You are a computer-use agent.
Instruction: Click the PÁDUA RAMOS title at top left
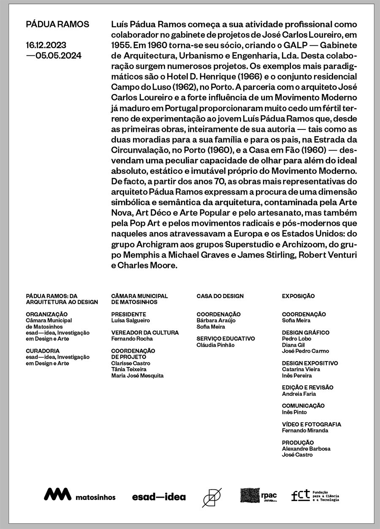[57, 25]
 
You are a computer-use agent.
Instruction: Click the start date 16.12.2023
[46, 45]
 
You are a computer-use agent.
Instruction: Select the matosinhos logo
[80, 495]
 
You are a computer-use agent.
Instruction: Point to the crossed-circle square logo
[212, 496]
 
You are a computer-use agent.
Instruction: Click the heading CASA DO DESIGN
[220, 296]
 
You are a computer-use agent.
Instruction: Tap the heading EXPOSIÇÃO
[298, 296]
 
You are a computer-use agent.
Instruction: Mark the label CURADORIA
[43, 351]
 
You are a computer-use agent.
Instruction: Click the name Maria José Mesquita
[137, 376]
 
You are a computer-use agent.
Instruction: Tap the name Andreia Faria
[299, 394]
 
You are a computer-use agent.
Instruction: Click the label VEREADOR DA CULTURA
[145, 333]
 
